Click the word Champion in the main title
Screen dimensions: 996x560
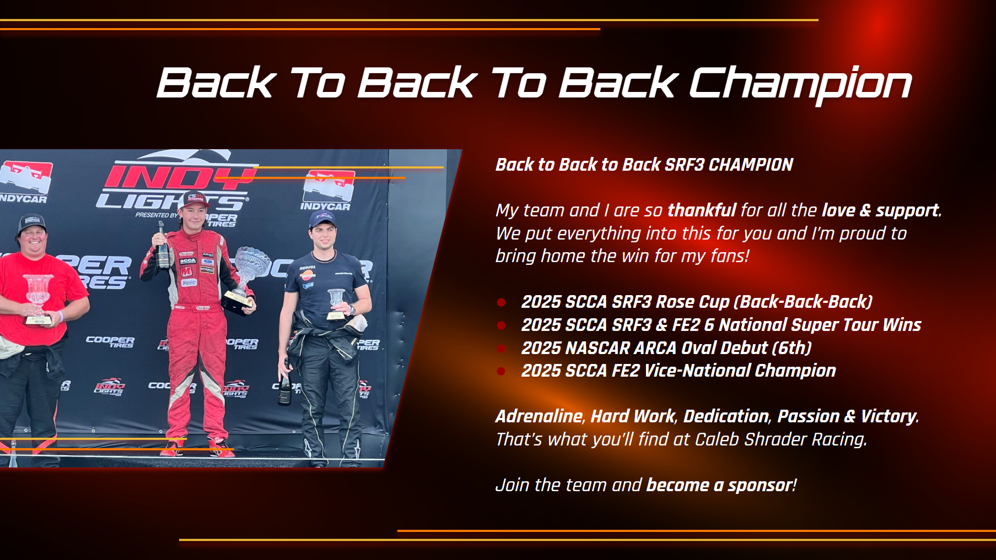[x=800, y=83]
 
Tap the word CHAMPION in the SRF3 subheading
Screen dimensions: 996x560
[x=751, y=165]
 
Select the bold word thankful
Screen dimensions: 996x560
[x=702, y=210]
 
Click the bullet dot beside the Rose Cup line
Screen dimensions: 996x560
[x=501, y=302]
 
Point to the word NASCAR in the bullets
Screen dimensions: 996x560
[x=597, y=348]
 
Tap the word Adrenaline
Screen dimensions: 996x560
[x=539, y=416]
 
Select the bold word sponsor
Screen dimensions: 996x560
[x=760, y=486]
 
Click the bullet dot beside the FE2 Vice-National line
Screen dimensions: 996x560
[x=501, y=371]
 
